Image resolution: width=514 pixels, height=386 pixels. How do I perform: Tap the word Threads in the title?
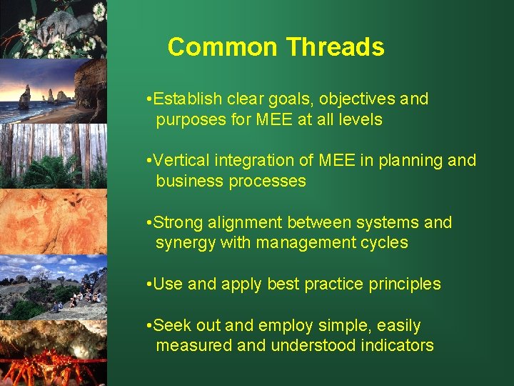coord(335,47)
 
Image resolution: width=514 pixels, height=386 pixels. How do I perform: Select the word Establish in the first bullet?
coord(188,99)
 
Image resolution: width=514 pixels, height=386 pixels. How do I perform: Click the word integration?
coord(251,160)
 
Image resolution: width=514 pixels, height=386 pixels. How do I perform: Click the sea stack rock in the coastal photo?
coord(25,97)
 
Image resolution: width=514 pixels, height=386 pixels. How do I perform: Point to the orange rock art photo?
coord(54,222)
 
